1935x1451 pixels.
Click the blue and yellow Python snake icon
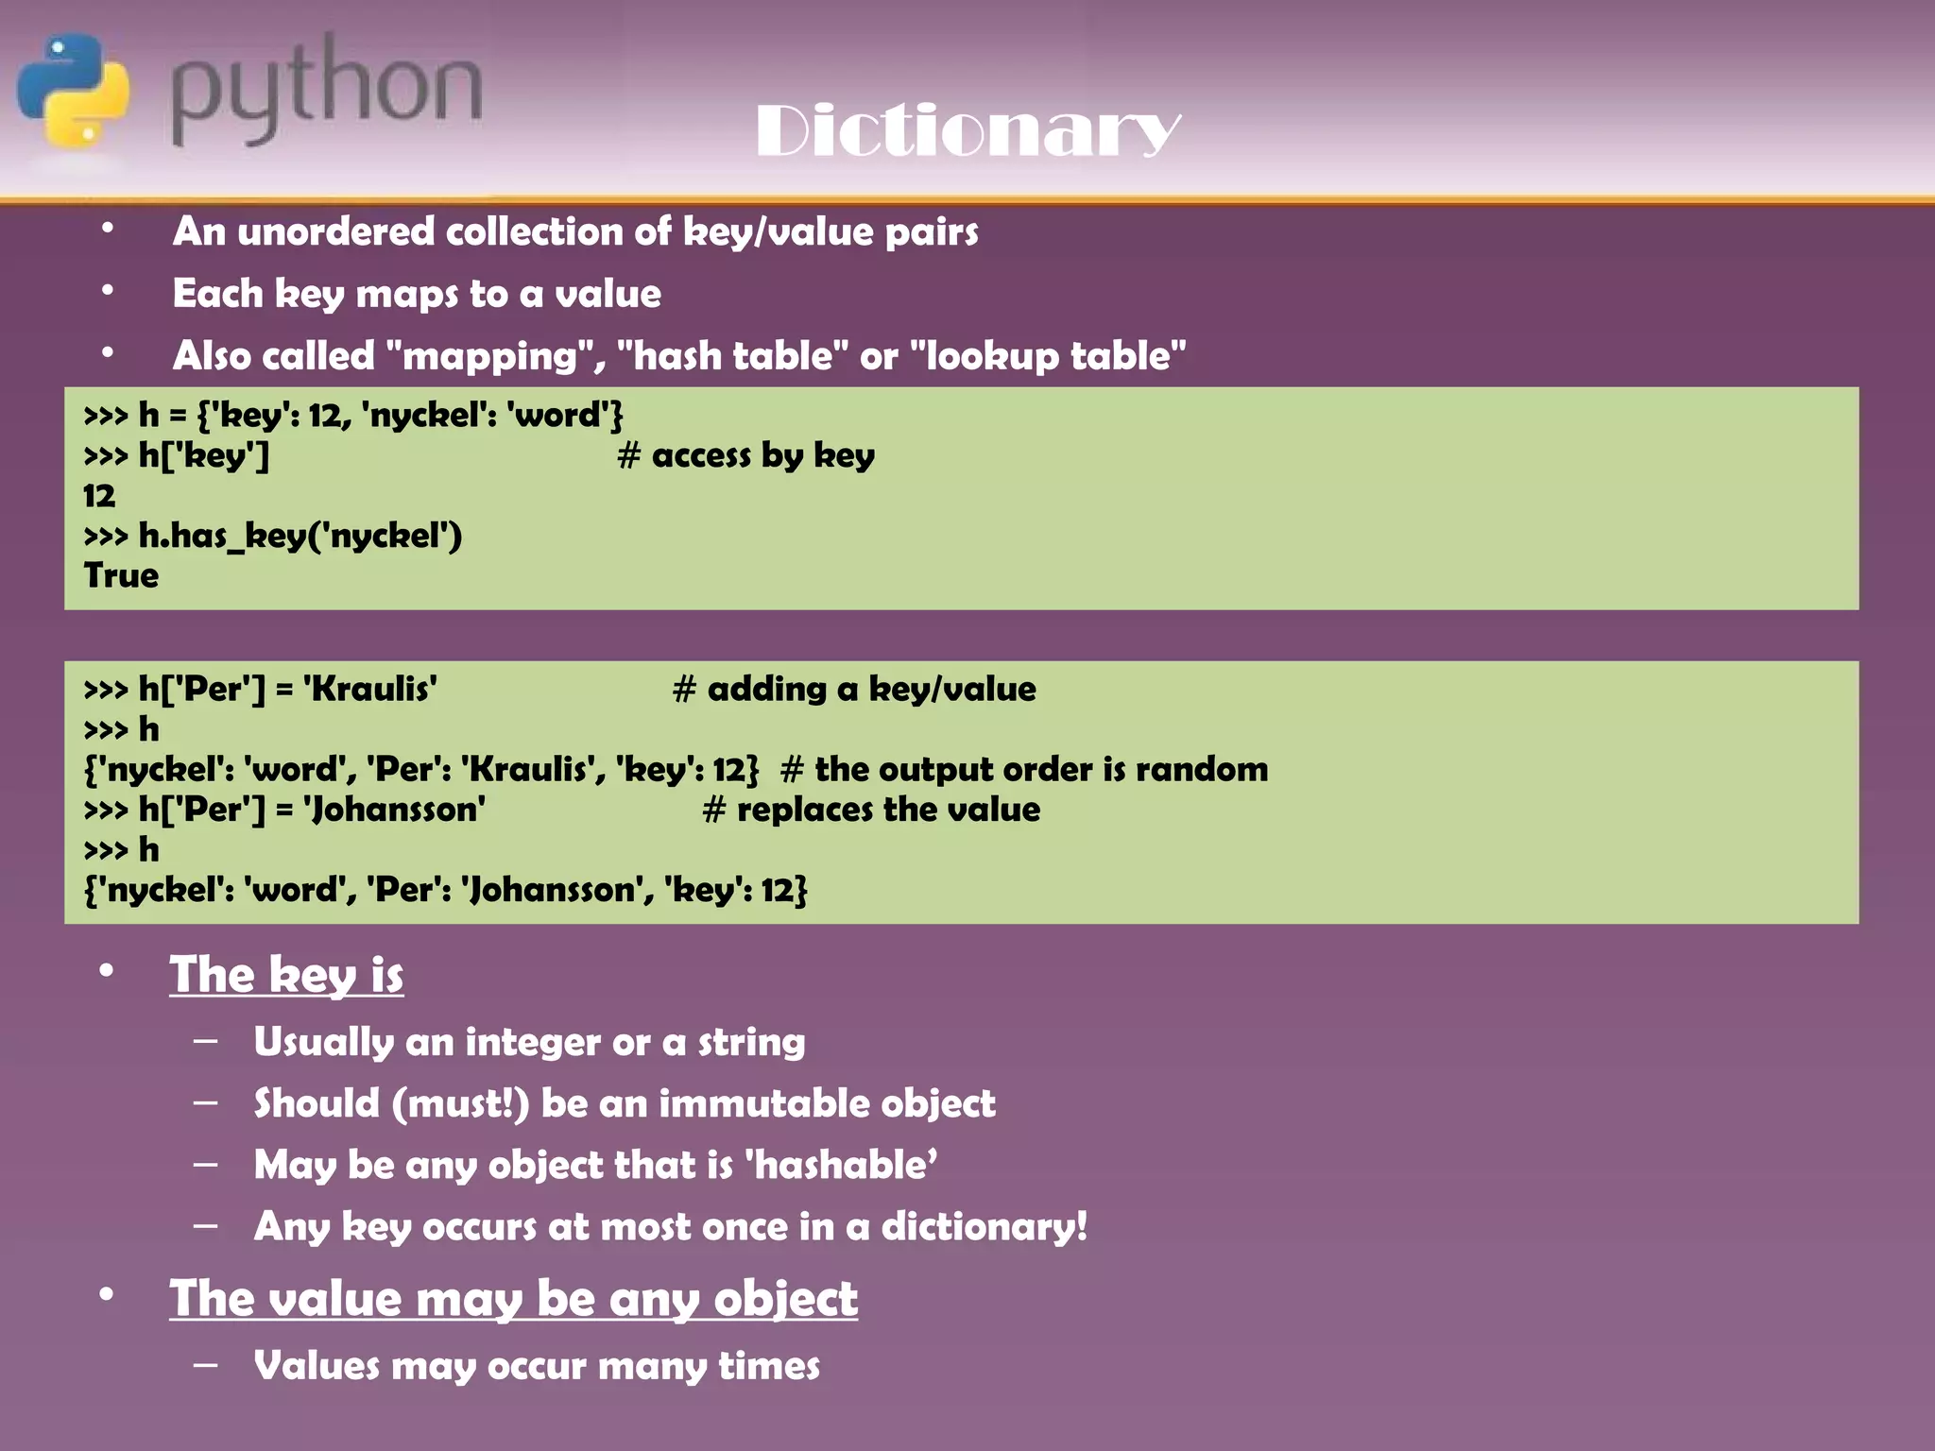point(74,91)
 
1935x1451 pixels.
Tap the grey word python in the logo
point(326,90)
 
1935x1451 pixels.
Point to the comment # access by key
point(745,455)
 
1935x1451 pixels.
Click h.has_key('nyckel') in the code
point(300,536)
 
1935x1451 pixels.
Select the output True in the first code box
point(121,575)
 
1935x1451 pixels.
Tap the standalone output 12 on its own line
point(99,495)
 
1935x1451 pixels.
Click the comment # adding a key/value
point(854,689)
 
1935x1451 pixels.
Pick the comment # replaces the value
point(871,810)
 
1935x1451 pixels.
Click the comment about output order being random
point(1024,769)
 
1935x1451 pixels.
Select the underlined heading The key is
point(286,975)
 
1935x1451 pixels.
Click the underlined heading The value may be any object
point(513,1298)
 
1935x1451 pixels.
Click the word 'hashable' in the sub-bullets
point(841,1165)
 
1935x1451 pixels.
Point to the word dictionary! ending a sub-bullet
point(984,1226)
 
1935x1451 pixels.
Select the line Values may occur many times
point(537,1366)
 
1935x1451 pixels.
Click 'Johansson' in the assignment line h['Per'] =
point(395,810)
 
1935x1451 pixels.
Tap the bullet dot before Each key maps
point(108,292)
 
